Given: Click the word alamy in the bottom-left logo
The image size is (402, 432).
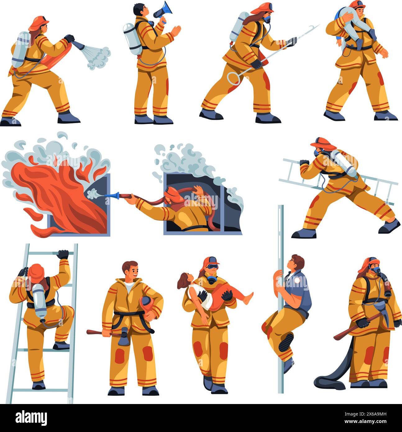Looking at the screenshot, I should pos(32,416).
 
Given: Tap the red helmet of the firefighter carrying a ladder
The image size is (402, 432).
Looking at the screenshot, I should pos(323,142).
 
